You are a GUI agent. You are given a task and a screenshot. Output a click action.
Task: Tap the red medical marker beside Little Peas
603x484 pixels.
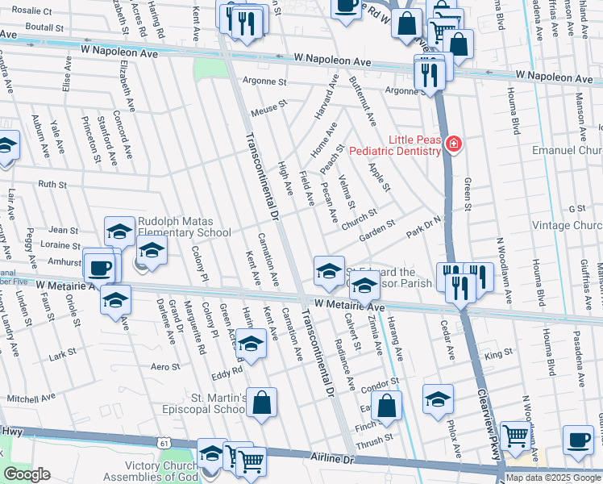click(x=454, y=144)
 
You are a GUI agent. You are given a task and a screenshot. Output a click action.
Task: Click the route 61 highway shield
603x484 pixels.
click(x=164, y=444)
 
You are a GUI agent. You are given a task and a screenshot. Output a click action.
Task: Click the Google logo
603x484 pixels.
click(x=27, y=474)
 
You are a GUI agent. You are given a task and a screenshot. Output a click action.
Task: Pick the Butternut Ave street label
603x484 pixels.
click(x=362, y=102)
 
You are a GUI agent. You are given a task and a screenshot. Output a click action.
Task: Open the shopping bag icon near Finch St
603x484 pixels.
click(x=388, y=406)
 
